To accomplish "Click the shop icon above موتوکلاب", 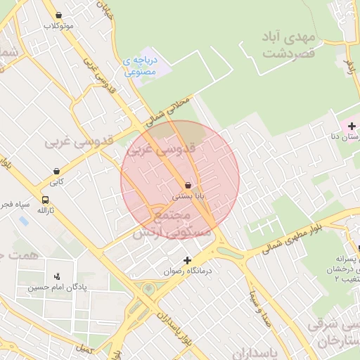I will point(58,15).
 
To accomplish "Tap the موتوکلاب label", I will point(58,26).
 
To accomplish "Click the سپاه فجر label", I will point(15,204).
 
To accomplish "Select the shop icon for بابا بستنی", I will point(187,185).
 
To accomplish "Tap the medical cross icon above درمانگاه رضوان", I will point(188,260).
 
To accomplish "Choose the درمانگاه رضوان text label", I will point(188,271).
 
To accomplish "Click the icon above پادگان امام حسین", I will point(57,276).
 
